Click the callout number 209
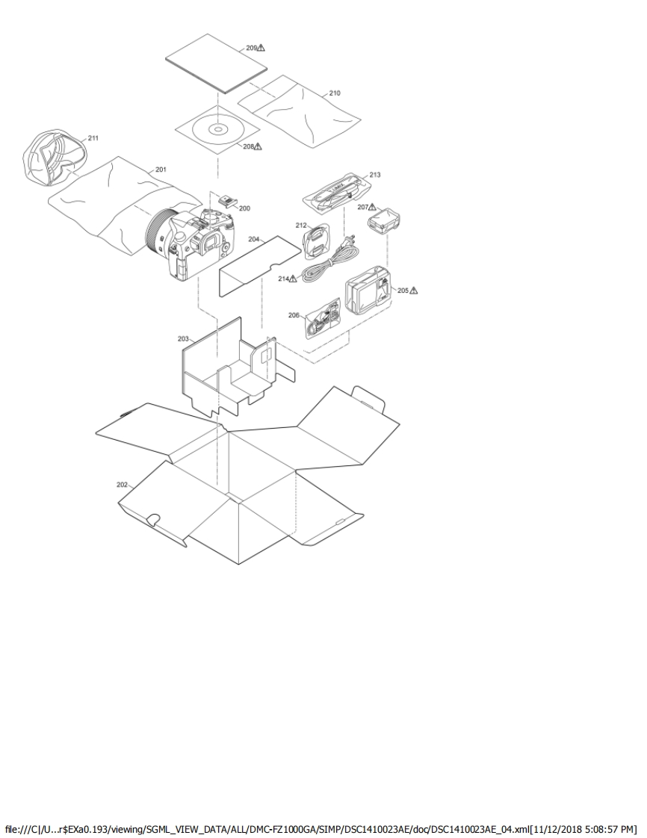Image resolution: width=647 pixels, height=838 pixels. click(x=251, y=48)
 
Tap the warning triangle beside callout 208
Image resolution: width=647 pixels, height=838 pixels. click(x=259, y=146)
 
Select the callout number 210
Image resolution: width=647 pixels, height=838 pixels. click(x=334, y=93)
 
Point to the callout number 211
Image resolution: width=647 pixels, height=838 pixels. click(x=93, y=138)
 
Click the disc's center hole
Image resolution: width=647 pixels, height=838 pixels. click(x=217, y=128)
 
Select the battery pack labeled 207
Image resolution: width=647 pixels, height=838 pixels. click(x=385, y=221)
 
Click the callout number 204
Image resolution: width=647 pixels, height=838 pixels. click(x=254, y=240)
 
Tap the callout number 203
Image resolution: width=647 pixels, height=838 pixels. click(x=183, y=339)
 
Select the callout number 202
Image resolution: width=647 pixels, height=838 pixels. click(x=122, y=485)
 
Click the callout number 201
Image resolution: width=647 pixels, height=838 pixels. click(x=161, y=170)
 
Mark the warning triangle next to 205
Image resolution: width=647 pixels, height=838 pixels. click(x=413, y=291)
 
